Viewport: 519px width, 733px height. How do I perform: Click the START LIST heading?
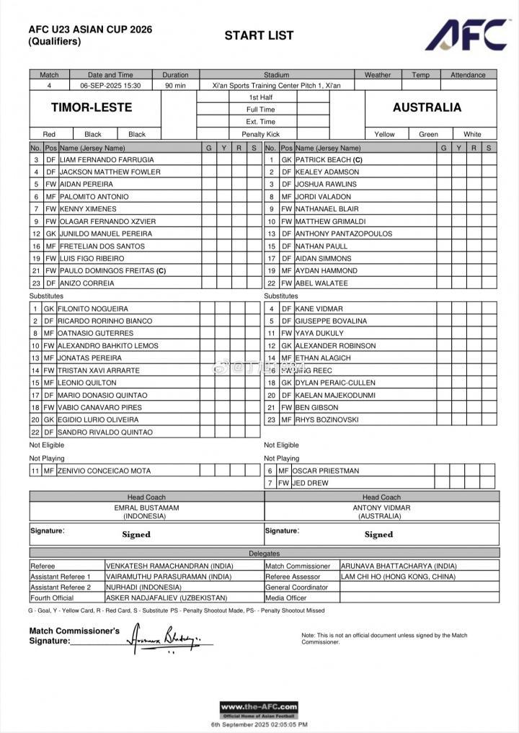click(x=259, y=35)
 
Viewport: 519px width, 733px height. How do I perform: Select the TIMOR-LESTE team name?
click(x=92, y=107)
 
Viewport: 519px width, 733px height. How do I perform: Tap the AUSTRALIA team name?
click(x=427, y=107)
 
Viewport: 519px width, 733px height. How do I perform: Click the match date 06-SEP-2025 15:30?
click(x=110, y=85)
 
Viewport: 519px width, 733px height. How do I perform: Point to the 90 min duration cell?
click(x=175, y=85)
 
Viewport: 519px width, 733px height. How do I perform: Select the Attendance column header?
click(x=468, y=74)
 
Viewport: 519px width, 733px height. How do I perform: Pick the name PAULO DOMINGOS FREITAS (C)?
click(x=112, y=270)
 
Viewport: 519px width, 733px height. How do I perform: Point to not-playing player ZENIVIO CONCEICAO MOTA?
click(x=105, y=471)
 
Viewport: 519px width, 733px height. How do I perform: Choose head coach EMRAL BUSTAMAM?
click(x=146, y=507)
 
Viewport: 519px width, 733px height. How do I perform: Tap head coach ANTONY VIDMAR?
click(x=381, y=507)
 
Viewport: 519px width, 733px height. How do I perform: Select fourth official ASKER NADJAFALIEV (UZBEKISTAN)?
click(x=167, y=597)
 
